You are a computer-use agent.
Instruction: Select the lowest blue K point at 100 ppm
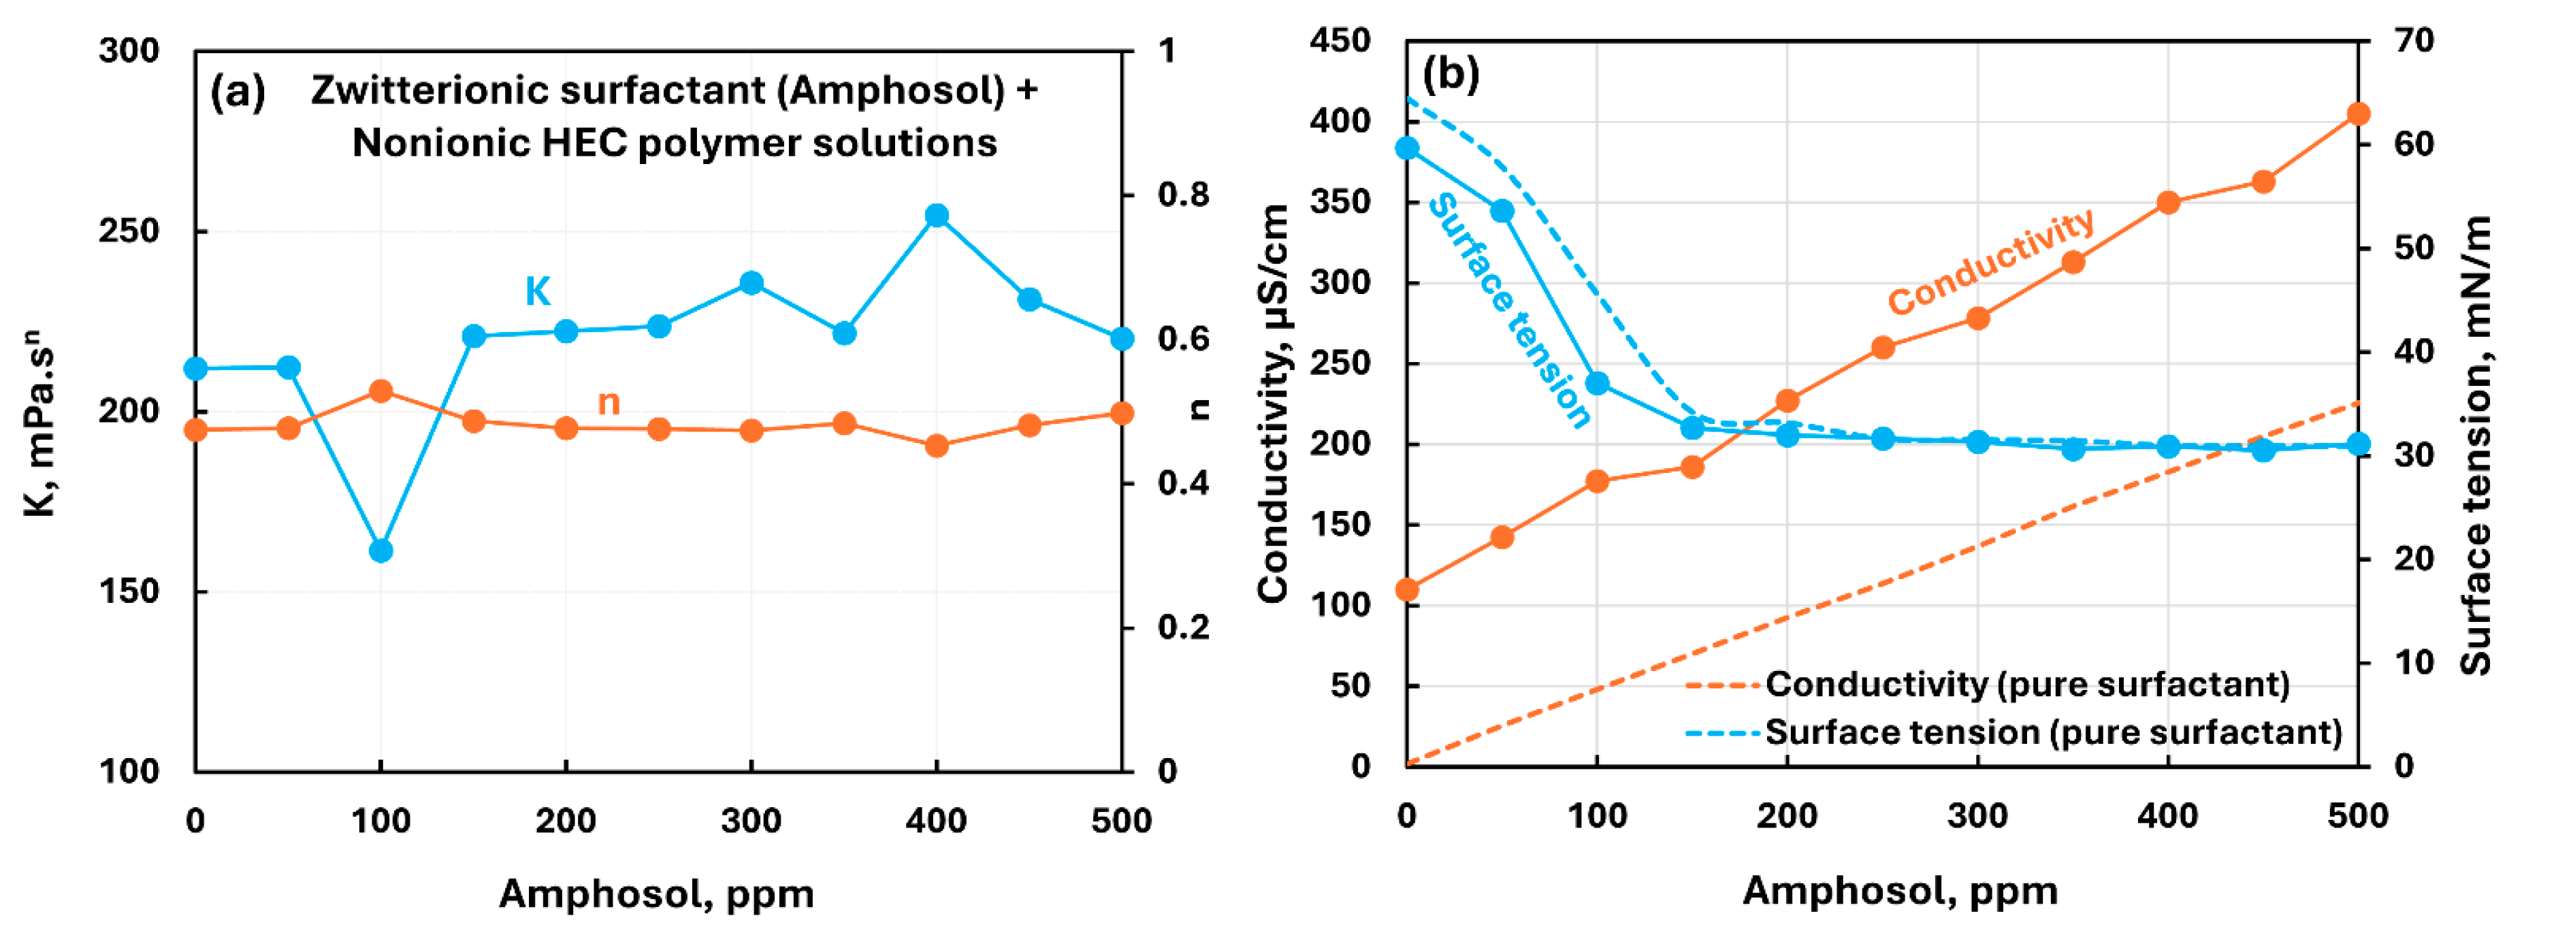(x=381, y=551)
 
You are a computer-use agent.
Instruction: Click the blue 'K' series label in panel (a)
(x=537, y=291)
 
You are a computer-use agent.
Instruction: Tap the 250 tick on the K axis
(x=129, y=231)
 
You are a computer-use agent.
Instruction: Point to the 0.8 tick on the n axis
(x=1183, y=195)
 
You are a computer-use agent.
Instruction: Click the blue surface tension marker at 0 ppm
(x=1407, y=148)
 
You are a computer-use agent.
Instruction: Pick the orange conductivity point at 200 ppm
(x=1787, y=401)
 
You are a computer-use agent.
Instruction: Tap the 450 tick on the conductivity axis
(x=1340, y=41)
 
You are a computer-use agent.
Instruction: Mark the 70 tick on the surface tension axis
(x=2413, y=41)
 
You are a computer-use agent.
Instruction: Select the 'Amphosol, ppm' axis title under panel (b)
(x=1899, y=891)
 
